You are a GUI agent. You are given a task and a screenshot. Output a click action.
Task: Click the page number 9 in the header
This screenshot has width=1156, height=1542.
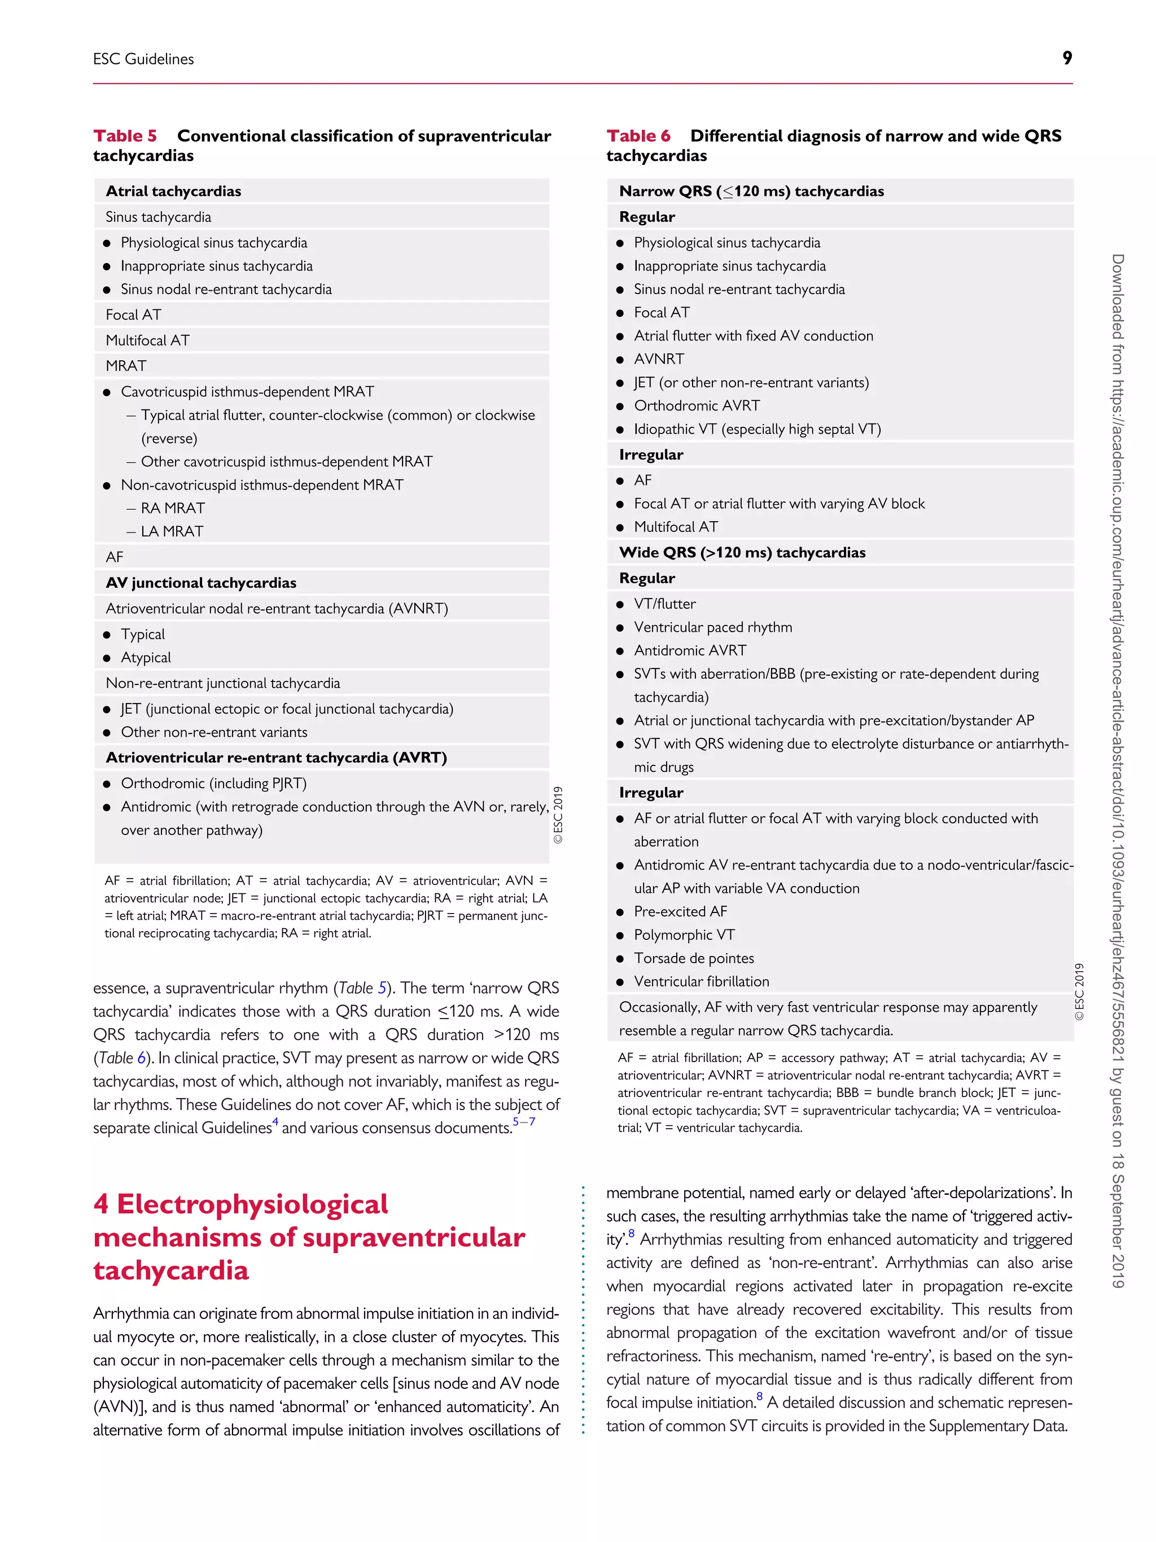(x=1067, y=59)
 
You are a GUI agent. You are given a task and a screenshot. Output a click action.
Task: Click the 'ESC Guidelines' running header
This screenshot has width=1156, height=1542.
(x=143, y=59)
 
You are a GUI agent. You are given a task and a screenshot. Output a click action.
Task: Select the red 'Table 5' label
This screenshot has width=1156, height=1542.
(x=125, y=136)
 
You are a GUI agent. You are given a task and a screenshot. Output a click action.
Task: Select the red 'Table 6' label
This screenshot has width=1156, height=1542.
(x=638, y=136)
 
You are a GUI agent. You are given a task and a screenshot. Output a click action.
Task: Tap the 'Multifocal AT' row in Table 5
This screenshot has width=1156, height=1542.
(x=148, y=340)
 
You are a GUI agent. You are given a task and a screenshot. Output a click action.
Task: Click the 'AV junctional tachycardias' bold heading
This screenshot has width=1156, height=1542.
(x=201, y=583)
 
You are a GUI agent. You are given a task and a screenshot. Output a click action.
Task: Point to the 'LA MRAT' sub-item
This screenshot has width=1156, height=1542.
(x=172, y=531)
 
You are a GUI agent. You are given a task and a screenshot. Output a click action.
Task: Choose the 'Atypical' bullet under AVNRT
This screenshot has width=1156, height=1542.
(x=146, y=657)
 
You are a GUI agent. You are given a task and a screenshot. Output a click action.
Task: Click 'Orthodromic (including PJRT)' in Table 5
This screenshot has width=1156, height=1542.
(x=213, y=783)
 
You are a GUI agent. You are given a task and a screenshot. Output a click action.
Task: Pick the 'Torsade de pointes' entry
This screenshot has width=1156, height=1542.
(x=693, y=958)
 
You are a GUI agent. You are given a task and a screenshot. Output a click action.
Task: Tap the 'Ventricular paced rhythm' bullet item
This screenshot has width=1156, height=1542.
(x=713, y=627)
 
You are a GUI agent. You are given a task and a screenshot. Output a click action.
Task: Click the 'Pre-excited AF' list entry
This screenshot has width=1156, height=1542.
(x=680, y=911)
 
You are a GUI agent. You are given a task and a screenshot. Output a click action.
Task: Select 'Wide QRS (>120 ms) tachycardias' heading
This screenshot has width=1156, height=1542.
(x=742, y=552)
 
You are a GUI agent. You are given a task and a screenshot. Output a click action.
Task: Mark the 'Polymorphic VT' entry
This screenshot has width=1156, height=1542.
(x=684, y=935)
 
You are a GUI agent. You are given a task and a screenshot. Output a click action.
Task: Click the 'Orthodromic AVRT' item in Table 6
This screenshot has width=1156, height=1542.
(x=697, y=405)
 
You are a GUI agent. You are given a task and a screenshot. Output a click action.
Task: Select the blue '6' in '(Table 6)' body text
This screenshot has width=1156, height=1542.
(x=142, y=1058)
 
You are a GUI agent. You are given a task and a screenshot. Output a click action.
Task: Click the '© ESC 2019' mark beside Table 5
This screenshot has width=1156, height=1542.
(x=558, y=815)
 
